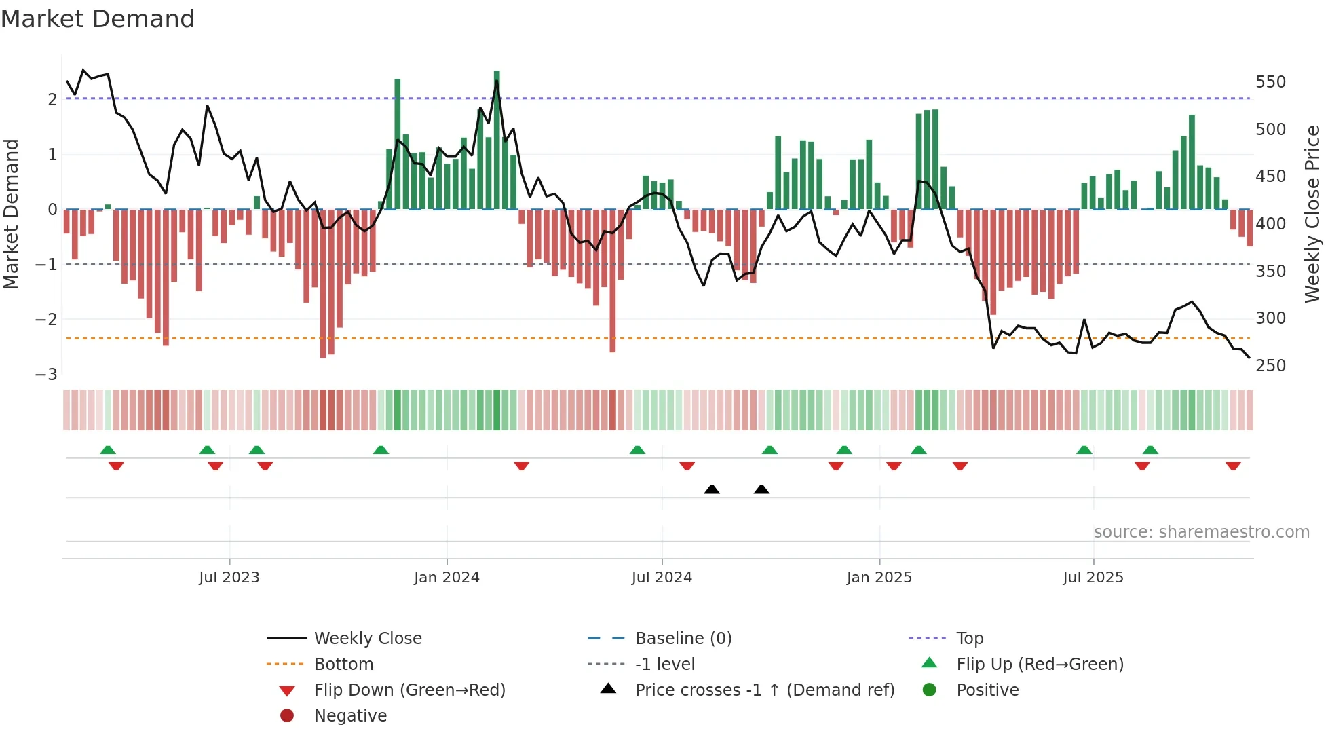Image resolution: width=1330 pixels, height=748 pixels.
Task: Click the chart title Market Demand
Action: pyautogui.click(x=98, y=19)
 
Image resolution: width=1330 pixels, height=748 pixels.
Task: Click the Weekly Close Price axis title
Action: pyautogui.click(x=1312, y=214)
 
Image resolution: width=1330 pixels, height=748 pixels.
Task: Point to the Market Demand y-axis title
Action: pyautogui.click(x=11, y=214)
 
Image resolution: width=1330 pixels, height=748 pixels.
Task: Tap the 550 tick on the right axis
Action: pyautogui.click(x=1270, y=82)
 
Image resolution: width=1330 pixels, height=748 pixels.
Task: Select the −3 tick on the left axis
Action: pyautogui.click(x=47, y=375)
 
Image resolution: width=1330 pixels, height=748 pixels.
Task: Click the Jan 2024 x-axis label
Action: pyautogui.click(x=446, y=578)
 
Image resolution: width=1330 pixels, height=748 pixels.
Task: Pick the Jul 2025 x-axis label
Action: pyautogui.click(x=1093, y=578)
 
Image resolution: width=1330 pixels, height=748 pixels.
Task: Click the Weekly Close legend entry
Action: pyautogui.click(x=368, y=639)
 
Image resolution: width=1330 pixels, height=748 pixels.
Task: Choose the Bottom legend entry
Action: pyautogui.click(x=343, y=665)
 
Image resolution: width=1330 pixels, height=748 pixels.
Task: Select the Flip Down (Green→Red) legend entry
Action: pyautogui.click(x=409, y=690)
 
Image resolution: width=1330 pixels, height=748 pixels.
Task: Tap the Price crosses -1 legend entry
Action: pyautogui.click(x=764, y=690)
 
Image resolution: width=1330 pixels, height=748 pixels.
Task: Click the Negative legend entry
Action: pyautogui.click(x=350, y=716)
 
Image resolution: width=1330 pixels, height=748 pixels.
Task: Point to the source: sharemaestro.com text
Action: pyautogui.click(x=1201, y=532)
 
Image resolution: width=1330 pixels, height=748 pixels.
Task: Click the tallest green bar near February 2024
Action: pyautogui.click(x=497, y=139)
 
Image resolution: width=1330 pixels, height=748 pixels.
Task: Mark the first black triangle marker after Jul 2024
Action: pyautogui.click(x=712, y=489)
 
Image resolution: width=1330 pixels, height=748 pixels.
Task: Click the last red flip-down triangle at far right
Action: pyautogui.click(x=1233, y=466)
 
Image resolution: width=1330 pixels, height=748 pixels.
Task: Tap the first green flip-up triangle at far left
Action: pyautogui.click(x=108, y=450)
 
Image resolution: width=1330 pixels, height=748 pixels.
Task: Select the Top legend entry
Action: pyautogui.click(x=970, y=639)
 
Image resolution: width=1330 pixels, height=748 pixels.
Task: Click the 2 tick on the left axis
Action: pyautogui.click(x=52, y=100)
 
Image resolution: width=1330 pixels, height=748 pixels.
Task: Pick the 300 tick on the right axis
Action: pyautogui.click(x=1270, y=318)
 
